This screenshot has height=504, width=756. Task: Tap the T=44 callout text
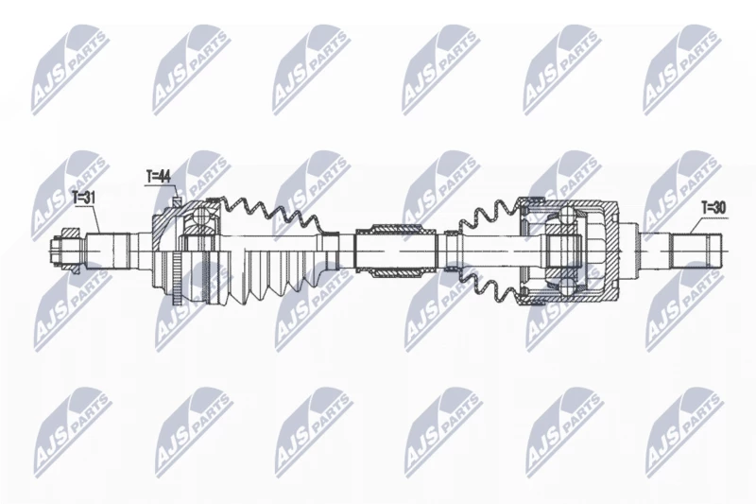coord(158,177)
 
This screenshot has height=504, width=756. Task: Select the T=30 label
coord(713,208)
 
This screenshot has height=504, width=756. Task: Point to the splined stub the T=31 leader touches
coord(108,252)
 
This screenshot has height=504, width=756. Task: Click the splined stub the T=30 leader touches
coord(697,252)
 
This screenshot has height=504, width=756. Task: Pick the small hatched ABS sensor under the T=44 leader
coord(177,199)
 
